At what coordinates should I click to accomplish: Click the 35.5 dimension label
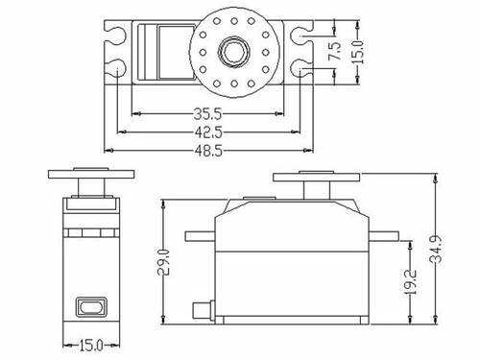pos(207,113)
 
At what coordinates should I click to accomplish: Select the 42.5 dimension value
pos(208,132)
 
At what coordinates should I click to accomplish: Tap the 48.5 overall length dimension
pos(208,151)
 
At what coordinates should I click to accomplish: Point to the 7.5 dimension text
pos(335,51)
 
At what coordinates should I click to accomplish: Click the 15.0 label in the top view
pos(359,52)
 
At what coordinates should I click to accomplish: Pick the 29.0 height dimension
pos(164,261)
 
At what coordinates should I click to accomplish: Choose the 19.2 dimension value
pos(410,281)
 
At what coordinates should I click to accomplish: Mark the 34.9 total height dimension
pos(436,250)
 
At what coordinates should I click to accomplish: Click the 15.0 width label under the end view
pos(91,346)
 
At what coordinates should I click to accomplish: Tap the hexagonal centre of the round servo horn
pos(233,52)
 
